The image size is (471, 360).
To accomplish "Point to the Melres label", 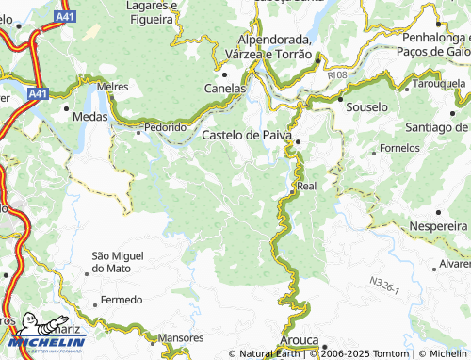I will pos(112,86).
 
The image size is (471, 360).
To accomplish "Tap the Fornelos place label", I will pos(399,149).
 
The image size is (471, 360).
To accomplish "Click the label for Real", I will pos(307,187).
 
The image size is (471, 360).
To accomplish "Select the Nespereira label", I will pos(439,227).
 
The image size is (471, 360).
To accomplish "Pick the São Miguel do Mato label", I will pos(118,262).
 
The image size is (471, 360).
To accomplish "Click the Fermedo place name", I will pos(122,300).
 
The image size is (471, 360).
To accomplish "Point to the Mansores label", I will pos(181,337).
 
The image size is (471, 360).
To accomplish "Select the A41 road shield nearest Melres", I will pos(38,94).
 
